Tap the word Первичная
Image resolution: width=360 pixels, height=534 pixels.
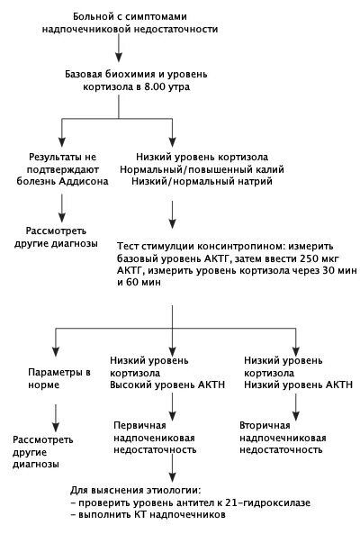[139, 425]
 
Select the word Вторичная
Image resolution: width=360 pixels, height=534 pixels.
[265, 425]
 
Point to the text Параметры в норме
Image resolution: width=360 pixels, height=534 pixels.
[59, 379]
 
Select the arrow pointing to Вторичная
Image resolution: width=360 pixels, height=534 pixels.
[296, 407]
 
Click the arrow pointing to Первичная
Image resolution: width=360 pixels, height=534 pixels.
[173, 407]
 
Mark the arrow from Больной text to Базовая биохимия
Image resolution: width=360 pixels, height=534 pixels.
[119, 49]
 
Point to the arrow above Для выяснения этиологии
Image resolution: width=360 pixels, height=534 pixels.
[173, 468]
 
